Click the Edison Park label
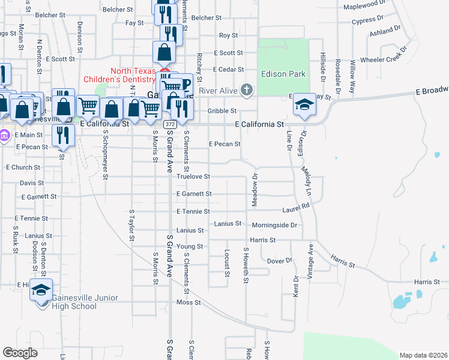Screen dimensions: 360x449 click(x=283, y=74)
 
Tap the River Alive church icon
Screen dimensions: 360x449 click(x=246, y=91)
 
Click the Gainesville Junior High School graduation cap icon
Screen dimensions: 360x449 click(x=41, y=290)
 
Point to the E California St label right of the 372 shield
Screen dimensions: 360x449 click(x=258, y=124)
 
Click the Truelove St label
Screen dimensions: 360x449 click(x=193, y=176)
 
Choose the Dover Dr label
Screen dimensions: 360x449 click(x=279, y=261)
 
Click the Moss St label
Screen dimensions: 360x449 click(x=188, y=302)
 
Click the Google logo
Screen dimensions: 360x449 click(x=20, y=353)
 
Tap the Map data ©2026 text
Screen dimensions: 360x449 click(x=423, y=355)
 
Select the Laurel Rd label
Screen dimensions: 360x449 click(x=296, y=208)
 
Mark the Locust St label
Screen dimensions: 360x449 click(x=228, y=263)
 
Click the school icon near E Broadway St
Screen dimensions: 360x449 click(x=304, y=105)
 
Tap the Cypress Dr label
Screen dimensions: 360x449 click(x=368, y=21)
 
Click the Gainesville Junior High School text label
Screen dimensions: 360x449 click(x=74, y=302)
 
